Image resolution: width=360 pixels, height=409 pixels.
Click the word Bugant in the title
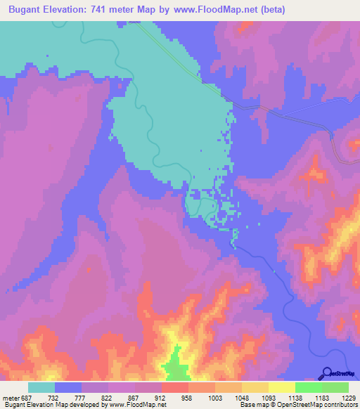coord(29,10)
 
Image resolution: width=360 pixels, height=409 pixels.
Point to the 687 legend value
coord(25,398)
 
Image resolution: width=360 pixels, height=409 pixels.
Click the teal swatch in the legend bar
coord(41,387)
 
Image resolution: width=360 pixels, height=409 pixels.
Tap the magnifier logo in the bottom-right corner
coord(327,372)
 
